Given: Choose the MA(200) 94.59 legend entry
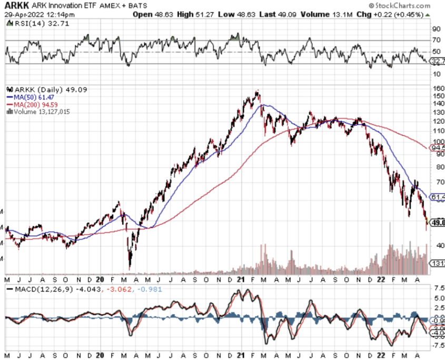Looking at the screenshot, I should (x=33, y=104).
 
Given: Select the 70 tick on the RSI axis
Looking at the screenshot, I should (x=436, y=40).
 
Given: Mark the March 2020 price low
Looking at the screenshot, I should (x=130, y=267).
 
